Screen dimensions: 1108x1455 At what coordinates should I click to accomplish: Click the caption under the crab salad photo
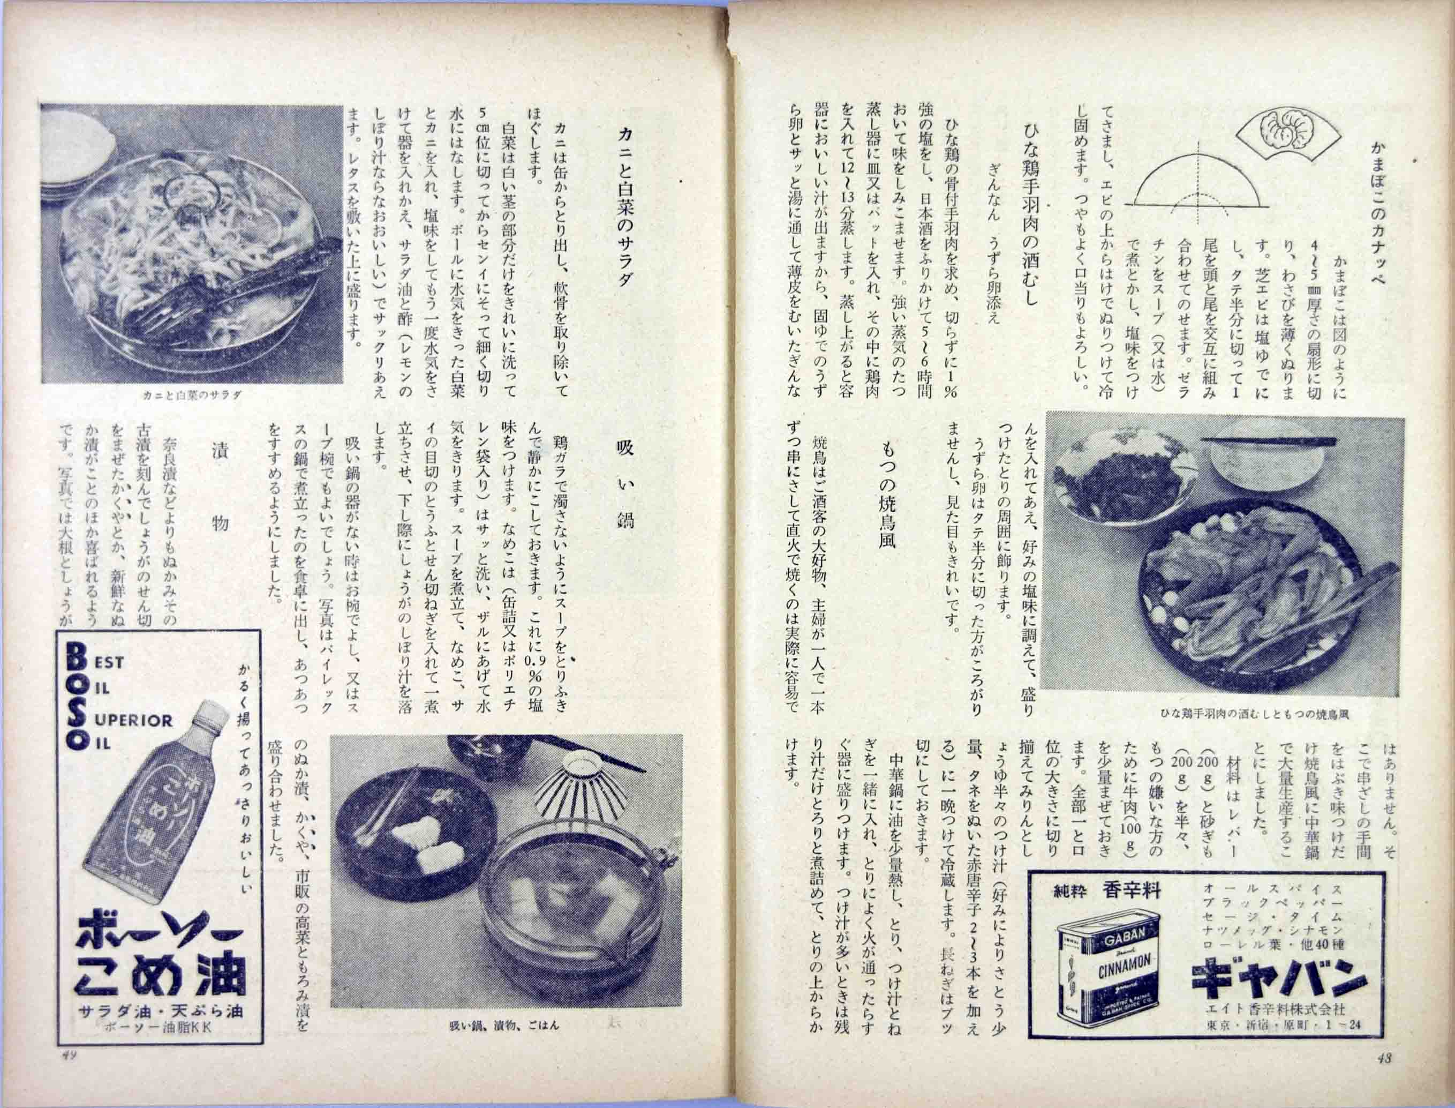(192, 395)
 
